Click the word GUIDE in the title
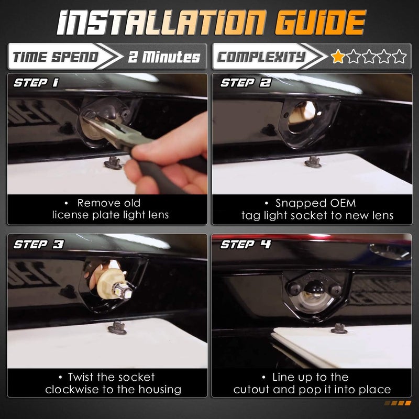click(320, 23)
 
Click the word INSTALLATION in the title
click(162, 23)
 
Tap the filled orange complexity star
click(338, 56)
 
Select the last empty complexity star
click(400, 56)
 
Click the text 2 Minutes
click(164, 57)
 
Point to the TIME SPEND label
click(56, 57)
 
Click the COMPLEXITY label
click(261, 57)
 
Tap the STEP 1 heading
click(36, 83)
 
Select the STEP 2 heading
click(246, 83)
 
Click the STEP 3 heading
click(39, 244)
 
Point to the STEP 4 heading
click(246, 244)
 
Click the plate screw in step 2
click(313, 162)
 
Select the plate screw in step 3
click(117, 328)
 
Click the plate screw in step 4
click(339, 328)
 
